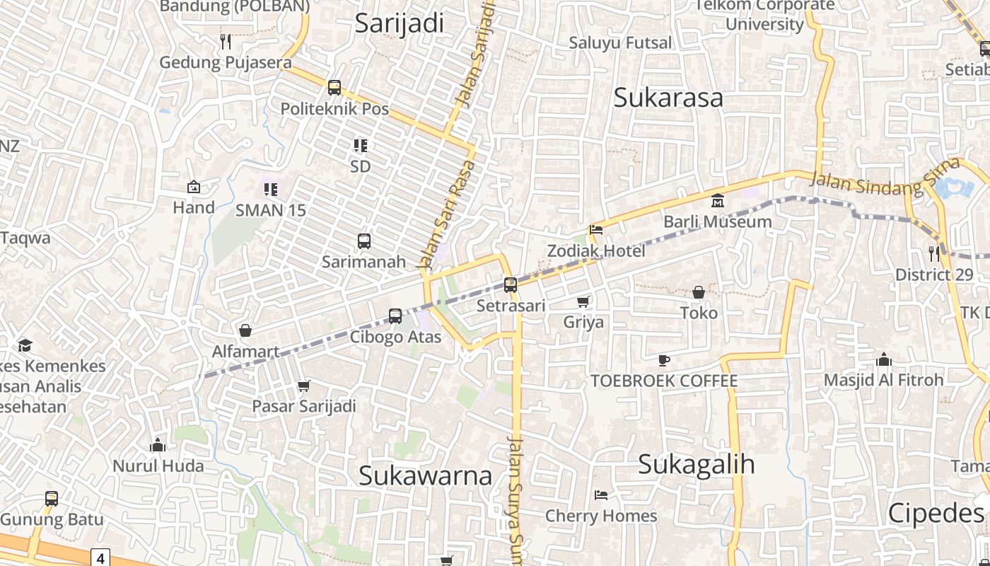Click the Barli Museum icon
tap(718, 200)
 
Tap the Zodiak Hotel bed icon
tap(596, 230)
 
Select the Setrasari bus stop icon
tap(511, 285)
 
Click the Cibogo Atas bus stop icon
tap(395, 316)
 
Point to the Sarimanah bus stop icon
tap(364, 241)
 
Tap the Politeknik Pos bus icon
tap(334, 88)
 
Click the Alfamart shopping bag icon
tap(245, 330)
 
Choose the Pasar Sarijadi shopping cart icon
tap(304, 386)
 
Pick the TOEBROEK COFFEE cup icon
tap(664, 360)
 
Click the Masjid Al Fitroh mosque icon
tap(883, 359)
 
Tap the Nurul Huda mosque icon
tap(158, 445)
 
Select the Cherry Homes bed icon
tap(601, 495)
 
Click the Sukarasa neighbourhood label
tap(668, 98)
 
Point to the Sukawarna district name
tap(425, 475)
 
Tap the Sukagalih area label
tap(696, 464)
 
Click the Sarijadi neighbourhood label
tap(400, 23)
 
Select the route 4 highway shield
tap(100, 558)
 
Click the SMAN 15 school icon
tap(271, 189)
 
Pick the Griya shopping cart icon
tap(583, 302)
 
